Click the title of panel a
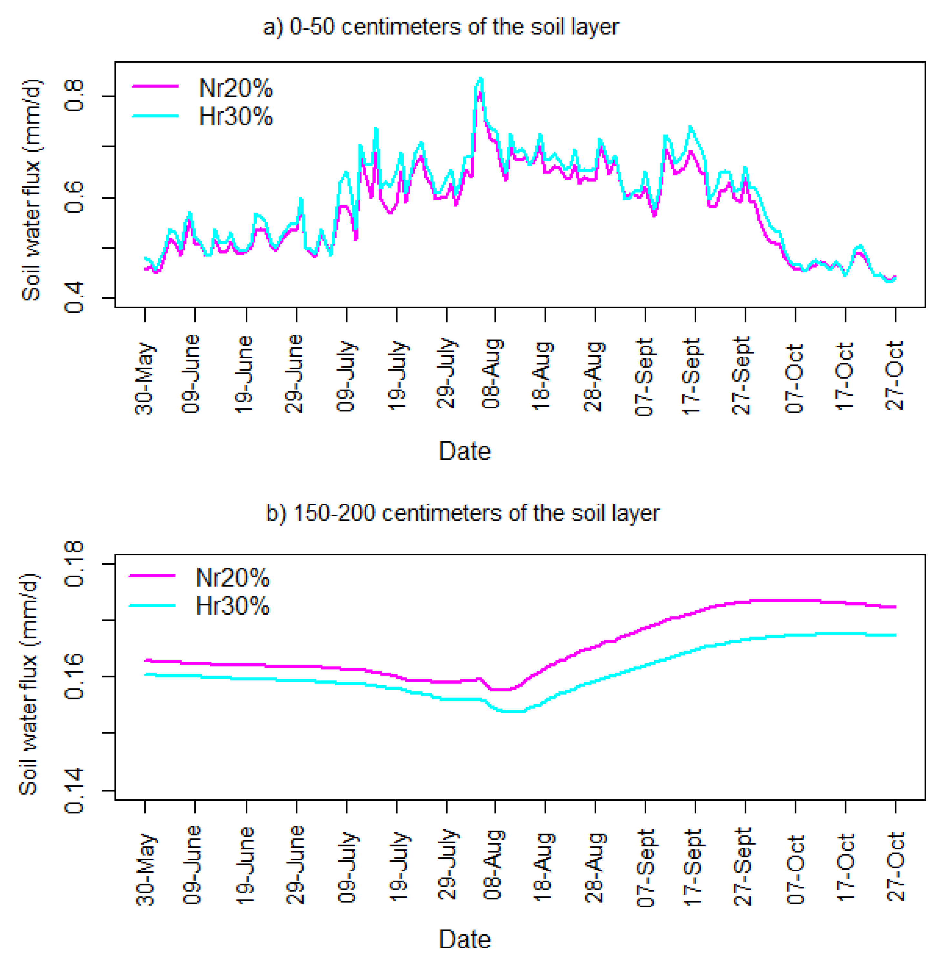click(441, 27)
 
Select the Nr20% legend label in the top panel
click(235, 89)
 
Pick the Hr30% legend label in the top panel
click(235, 117)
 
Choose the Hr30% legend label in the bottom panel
click(233, 606)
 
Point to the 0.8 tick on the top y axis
click(75, 96)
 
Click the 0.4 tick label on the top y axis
click(75, 297)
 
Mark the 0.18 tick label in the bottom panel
click(75, 564)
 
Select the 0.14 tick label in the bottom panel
click(75, 790)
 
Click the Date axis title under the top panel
click(464, 451)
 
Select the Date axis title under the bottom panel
click(464, 939)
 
